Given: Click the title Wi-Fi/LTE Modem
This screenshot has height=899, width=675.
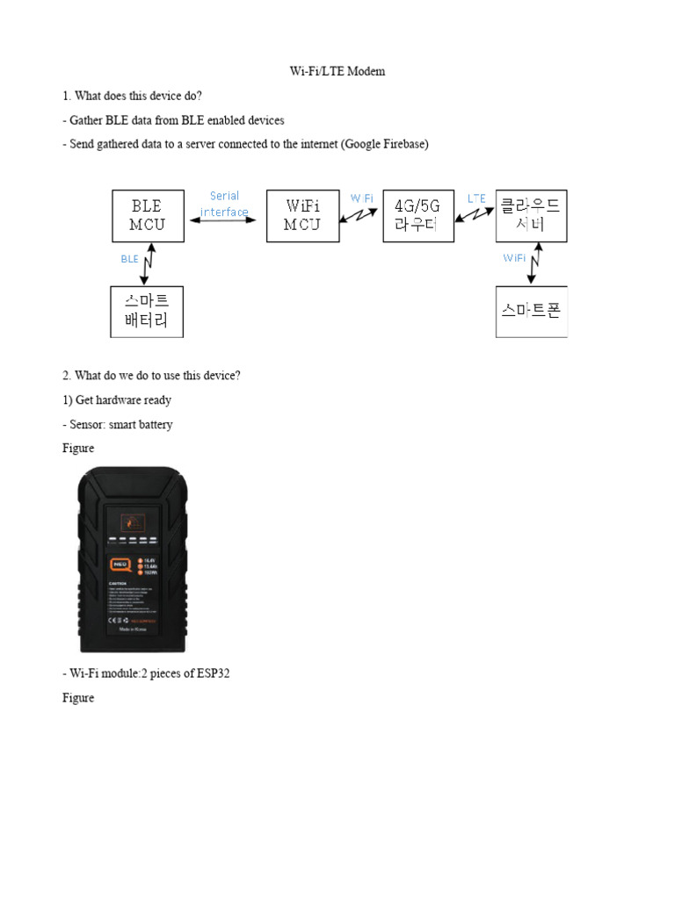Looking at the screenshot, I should tap(337, 71).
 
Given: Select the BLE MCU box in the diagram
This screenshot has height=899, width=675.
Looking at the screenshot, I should tap(148, 216).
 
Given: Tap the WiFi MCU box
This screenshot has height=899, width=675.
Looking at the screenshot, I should tap(302, 216).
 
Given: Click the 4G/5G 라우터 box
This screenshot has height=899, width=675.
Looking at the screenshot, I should tap(417, 216).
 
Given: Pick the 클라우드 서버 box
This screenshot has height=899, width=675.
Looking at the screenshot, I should tap(531, 216).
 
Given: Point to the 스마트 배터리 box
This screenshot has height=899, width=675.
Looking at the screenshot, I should tap(148, 312).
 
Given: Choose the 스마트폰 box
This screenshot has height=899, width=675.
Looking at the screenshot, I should tap(531, 312).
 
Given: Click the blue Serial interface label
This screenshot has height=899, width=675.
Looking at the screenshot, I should tap(225, 204).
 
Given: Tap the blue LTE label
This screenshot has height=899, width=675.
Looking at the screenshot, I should tap(476, 198).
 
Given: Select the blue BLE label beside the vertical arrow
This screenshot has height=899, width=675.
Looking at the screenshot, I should tap(129, 259).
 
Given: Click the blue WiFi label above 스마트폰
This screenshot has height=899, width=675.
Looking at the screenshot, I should tap(514, 258).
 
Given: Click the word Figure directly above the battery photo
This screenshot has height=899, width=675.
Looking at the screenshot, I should tap(78, 449).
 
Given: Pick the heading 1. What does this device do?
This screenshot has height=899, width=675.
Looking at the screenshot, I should tap(132, 96).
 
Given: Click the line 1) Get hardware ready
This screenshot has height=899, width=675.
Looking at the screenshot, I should tap(117, 400).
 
